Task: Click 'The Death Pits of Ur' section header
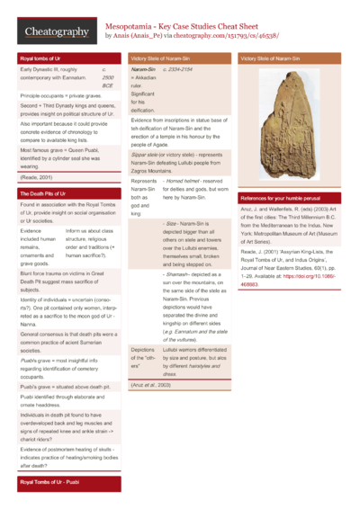pos(45,193)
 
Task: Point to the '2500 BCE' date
pos(107,79)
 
